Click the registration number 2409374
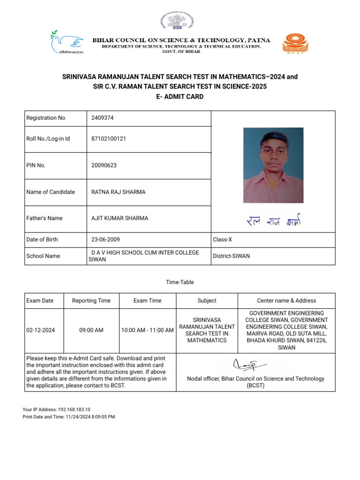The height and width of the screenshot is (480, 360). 102,118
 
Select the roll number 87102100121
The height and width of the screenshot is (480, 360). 109,139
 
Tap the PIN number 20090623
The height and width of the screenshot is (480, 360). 104,165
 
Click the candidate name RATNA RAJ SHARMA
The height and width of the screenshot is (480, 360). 118,192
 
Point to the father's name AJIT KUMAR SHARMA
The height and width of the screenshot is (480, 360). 120,218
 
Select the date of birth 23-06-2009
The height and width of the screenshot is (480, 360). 105,240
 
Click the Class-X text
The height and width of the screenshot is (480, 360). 223,240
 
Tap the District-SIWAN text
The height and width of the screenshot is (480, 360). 231,256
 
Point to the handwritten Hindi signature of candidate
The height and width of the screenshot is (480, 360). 274,219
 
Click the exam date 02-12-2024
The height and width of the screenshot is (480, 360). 41,330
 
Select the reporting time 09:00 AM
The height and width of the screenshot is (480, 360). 91,330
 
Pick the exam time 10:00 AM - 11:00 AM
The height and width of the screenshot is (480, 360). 148,330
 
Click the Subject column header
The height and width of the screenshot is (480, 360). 207,300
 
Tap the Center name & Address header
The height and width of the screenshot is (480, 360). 286,300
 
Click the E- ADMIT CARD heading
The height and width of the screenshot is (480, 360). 180,97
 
